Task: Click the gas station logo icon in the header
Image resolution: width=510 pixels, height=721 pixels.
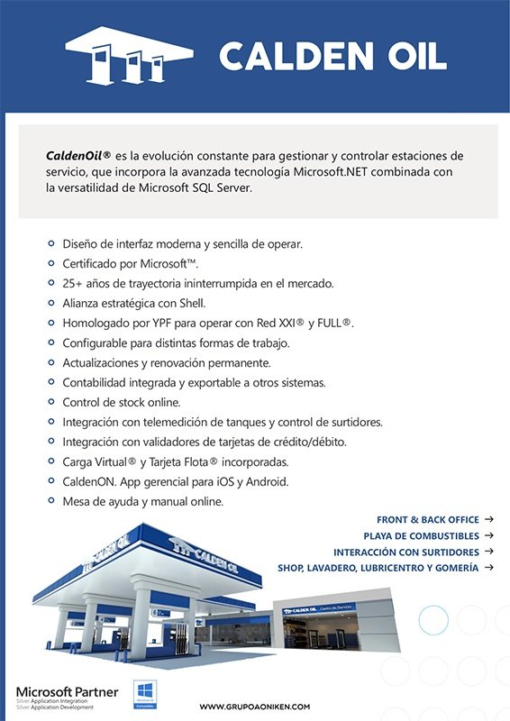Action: tap(129, 56)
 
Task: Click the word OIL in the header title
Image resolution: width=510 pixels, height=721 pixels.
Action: tap(412, 56)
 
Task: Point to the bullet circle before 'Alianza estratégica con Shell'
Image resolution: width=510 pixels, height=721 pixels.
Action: tap(50, 304)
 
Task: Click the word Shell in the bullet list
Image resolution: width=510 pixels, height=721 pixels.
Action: tap(190, 304)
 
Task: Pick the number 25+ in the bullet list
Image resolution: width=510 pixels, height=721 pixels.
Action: tap(75, 283)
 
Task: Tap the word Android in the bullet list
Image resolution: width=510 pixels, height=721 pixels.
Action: tap(264, 481)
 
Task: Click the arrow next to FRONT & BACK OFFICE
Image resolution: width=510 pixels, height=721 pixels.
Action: tap(488, 519)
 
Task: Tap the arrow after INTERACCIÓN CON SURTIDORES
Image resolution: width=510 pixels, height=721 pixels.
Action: tap(488, 552)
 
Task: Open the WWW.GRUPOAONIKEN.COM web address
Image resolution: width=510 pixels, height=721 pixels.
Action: tap(254, 707)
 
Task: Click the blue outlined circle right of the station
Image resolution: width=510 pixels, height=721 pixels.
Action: tap(433, 619)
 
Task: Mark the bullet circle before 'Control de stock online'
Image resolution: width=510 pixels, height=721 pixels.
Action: tap(50, 403)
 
